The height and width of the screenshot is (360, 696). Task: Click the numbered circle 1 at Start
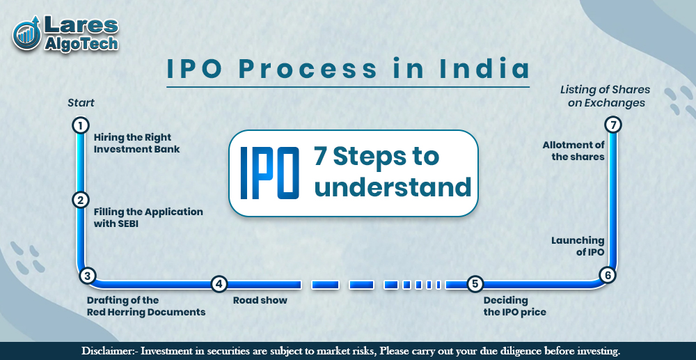click(81, 125)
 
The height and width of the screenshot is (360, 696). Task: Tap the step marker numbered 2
click(81, 200)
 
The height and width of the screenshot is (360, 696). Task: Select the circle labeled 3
click(87, 276)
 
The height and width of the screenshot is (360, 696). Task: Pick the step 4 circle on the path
click(219, 283)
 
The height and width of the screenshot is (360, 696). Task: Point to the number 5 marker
click(475, 283)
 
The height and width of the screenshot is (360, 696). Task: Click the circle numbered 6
click(608, 275)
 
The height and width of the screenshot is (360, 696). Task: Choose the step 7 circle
click(612, 125)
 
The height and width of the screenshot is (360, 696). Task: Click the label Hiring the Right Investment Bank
click(136, 143)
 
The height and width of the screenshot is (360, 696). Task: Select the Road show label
click(260, 300)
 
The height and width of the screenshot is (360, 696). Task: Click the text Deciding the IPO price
click(514, 306)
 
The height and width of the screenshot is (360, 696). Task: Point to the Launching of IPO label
click(578, 246)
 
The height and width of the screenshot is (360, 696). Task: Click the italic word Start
click(81, 103)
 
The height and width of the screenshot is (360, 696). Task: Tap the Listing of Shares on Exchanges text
click(604, 96)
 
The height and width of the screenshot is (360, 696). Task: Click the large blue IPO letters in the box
click(269, 173)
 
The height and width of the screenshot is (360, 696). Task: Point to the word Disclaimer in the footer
click(108, 351)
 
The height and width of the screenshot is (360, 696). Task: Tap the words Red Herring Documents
click(146, 312)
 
